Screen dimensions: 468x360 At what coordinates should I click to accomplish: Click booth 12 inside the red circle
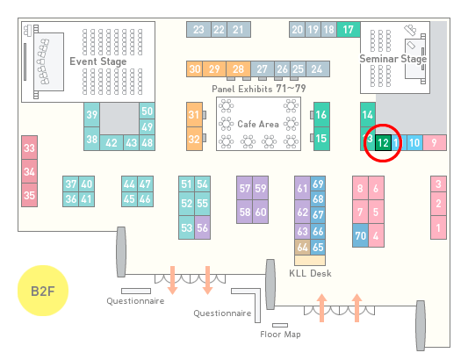tap(383, 143)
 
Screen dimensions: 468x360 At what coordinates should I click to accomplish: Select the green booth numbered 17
tap(349, 29)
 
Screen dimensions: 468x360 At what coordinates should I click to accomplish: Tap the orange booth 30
tap(195, 69)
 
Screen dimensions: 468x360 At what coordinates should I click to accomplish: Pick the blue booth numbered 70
tap(360, 235)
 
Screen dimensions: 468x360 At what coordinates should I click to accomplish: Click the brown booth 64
tap(302, 247)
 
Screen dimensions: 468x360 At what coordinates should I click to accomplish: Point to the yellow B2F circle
tap(43, 291)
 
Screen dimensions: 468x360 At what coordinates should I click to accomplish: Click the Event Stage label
tap(97, 61)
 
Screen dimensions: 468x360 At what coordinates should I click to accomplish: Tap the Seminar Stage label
tap(392, 59)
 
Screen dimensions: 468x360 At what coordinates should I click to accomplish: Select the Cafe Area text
tap(258, 124)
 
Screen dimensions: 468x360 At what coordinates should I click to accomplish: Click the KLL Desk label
tap(310, 273)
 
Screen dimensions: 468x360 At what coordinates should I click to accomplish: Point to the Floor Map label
tap(280, 334)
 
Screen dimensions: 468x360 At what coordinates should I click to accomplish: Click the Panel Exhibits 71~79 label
tap(259, 89)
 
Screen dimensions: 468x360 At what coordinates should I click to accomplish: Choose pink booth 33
tap(29, 148)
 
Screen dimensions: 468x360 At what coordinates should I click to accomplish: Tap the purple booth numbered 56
tap(202, 227)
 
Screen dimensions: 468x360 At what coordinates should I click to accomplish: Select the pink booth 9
tap(435, 143)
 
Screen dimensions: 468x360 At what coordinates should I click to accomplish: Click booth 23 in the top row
tap(198, 29)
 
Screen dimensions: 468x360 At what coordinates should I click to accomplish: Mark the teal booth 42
tap(112, 143)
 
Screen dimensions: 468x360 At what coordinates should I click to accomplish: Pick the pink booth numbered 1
tap(438, 227)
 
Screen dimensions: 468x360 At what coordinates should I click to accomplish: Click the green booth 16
tap(321, 114)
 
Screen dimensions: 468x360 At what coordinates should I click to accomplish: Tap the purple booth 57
tap(244, 188)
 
